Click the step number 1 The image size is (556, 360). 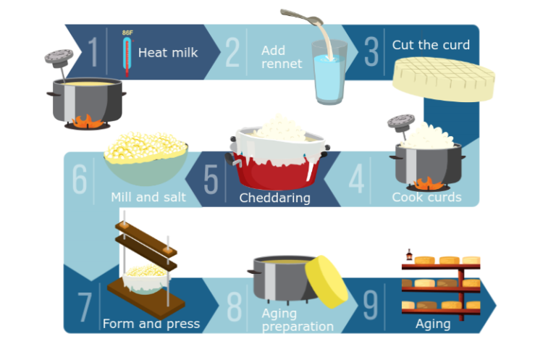[x=93, y=51]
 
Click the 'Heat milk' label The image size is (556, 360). [x=168, y=52]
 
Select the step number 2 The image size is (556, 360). [x=232, y=51]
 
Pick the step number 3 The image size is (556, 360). [x=371, y=52]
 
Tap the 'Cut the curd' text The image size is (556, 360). [x=431, y=45]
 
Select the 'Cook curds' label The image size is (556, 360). [x=426, y=197]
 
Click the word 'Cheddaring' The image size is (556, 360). [x=274, y=198]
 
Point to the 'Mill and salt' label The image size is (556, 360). [x=148, y=197]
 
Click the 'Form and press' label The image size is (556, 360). [x=151, y=323]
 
